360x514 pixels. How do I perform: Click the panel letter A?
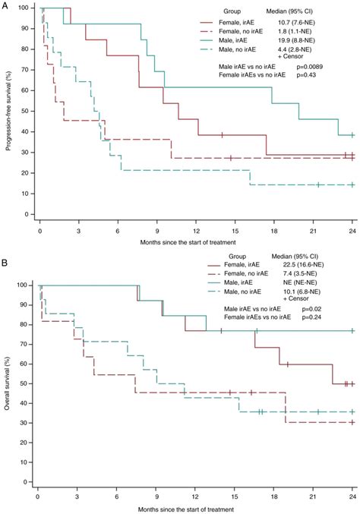(5, 5)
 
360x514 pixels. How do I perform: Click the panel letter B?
(5, 266)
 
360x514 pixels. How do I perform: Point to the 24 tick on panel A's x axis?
(352, 227)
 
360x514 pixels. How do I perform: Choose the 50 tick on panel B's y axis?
(28, 384)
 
